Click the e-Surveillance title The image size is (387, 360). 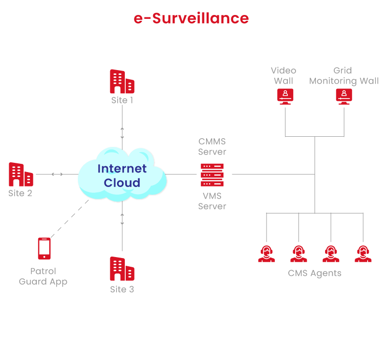(191, 18)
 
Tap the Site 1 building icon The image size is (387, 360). (122, 81)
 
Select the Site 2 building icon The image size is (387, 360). (21, 174)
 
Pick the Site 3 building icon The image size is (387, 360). (122, 270)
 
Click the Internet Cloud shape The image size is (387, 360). (122, 175)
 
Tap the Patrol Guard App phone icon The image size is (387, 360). (44, 248)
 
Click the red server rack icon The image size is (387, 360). (212, 174)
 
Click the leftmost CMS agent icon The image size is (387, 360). (266, 253)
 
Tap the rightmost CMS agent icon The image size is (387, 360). (363, 253)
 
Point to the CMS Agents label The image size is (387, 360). (314, 274)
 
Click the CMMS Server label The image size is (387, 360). (212, 146)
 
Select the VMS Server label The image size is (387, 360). (212, 201)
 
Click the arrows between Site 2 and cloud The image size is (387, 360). (57, 174)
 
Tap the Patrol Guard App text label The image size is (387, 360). (43, 276)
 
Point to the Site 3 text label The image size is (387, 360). (122, 289)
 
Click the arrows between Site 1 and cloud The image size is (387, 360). (122, 133)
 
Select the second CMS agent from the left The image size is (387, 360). (298, 253)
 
